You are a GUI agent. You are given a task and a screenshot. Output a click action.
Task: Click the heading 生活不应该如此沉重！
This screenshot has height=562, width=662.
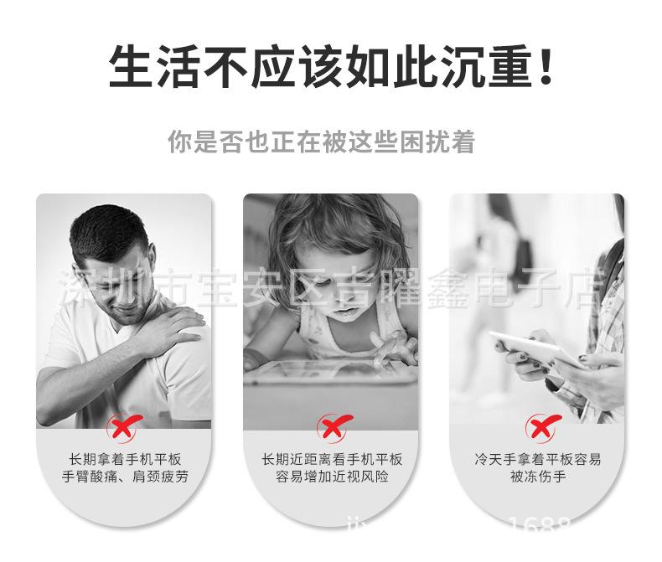(x=331, y=67)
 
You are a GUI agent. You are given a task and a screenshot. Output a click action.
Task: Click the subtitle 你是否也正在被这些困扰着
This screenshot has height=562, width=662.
(x=321, y=142)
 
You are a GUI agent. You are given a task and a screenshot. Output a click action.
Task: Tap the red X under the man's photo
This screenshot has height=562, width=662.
(x=124, y=430)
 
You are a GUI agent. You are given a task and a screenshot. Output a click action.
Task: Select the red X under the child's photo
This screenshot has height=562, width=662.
(x=333, y=430)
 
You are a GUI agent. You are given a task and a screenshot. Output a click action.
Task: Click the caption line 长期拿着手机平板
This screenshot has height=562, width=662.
(x=125, y=459)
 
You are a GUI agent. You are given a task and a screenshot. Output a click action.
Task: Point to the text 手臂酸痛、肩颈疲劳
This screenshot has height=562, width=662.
(x=125, y=477)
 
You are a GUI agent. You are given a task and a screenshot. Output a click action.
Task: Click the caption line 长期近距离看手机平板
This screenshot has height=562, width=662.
(x=332, y=459)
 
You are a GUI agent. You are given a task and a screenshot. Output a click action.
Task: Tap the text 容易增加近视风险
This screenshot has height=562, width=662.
(x=332, y=477)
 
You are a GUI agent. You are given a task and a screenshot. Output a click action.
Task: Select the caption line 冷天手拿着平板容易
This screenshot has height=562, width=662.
(x=537, y=459)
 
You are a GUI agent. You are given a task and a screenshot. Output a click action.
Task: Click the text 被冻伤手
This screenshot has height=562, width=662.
(x=537, y=477)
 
